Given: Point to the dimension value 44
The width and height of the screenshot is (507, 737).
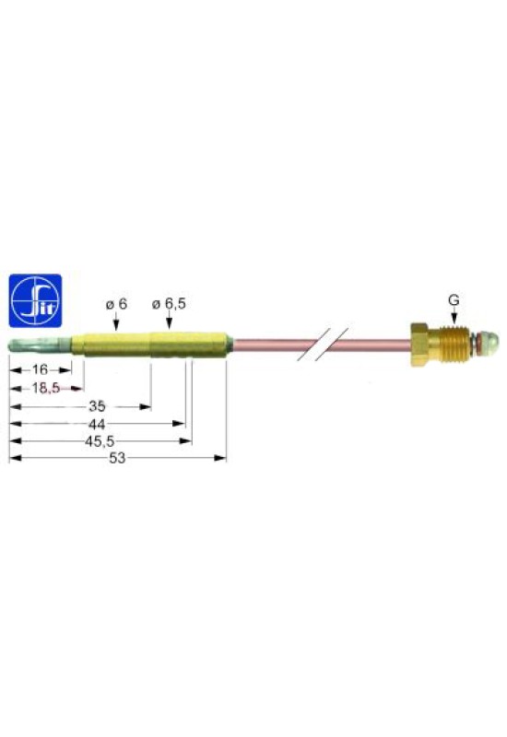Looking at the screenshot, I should pyautogui.click(x=97, y=423).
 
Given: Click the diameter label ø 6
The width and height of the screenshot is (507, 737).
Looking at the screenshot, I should pyautogui.click(x=116, y=303).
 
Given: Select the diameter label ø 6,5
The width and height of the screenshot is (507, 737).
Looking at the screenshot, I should pyautogui.click(x=169, y=303).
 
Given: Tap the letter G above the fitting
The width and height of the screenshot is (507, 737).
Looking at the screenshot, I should pyautogui.click(x=454, y=300).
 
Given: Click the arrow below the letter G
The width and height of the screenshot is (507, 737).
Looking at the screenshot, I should pyautogui.click(x=454, y=317).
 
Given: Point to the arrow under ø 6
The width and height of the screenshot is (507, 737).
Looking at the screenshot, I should pyautogui.click(x=116, y=322).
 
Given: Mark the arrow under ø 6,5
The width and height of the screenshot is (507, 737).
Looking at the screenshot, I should pyautogui.click(x=169, y=322).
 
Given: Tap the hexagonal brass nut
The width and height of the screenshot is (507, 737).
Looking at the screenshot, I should pyautogui.click(x=420, y=344).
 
